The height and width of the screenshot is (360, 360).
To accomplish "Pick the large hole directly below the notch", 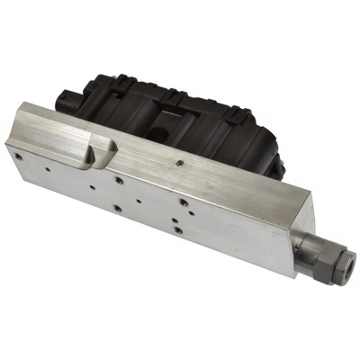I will tap(119, 179).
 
